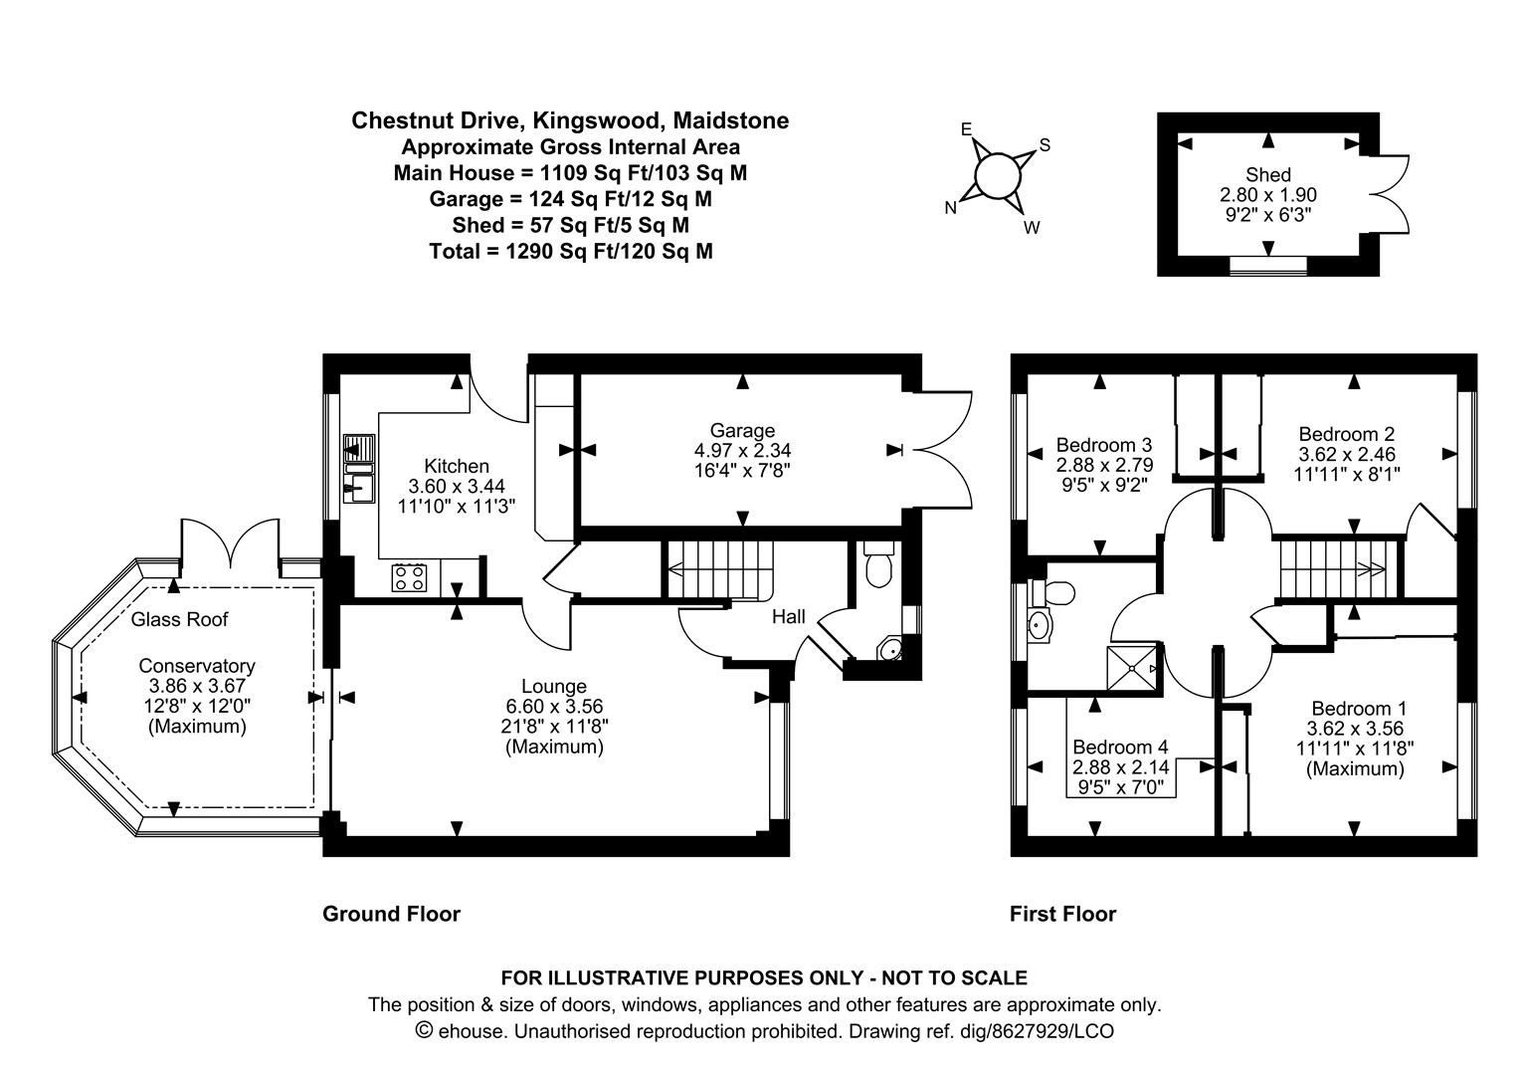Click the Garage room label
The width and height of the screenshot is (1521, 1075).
click(742, 431)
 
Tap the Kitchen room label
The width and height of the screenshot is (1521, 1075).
click(457, 466)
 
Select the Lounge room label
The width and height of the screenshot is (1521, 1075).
click(554, 686)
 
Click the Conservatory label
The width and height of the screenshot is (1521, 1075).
click(196, 666)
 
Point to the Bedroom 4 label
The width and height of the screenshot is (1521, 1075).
click(1120, 747)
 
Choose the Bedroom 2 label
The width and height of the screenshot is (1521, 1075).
click(1346, 434)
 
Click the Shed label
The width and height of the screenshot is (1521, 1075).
click(1267, 175)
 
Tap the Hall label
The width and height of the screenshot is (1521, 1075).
click(789, 617)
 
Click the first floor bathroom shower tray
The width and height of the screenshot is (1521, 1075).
click(1134, 668)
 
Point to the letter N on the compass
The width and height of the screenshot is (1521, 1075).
click(951, 208)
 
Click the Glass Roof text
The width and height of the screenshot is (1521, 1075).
click(180, 619)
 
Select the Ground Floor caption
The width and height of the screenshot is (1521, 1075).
click(391, 914)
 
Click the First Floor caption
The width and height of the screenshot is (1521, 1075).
click(1062, 914)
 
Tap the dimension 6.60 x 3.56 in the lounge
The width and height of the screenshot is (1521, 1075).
click(554, 706)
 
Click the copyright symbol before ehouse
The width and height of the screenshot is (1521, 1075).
click(424, 1030)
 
